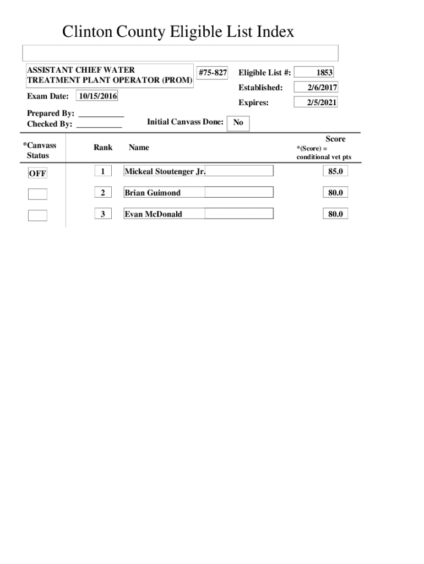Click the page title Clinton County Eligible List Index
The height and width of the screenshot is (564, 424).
[178, 32]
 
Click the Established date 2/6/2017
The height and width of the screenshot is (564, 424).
[316, 88]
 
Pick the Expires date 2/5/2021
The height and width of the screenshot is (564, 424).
[316, 102]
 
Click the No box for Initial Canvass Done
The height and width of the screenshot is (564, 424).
[238, 123]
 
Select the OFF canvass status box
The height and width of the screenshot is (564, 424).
[38, 173]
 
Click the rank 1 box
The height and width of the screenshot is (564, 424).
[102, 171]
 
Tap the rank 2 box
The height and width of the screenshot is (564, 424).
[102, 192]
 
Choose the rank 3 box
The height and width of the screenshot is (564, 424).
[102, 214]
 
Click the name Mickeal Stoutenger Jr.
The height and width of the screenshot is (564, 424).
[165, 171]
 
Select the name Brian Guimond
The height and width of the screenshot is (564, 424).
[153, 193]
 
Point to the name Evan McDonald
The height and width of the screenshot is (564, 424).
[154, 214]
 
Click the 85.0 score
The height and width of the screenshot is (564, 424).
[335, 171]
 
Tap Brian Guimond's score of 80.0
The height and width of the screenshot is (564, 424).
[335, 192]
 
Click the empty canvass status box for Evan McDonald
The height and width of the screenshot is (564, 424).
[38, 215]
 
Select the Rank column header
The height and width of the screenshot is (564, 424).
[103, 147]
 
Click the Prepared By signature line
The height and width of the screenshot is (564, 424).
[101, 113]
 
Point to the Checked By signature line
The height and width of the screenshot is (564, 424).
[99, 124]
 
